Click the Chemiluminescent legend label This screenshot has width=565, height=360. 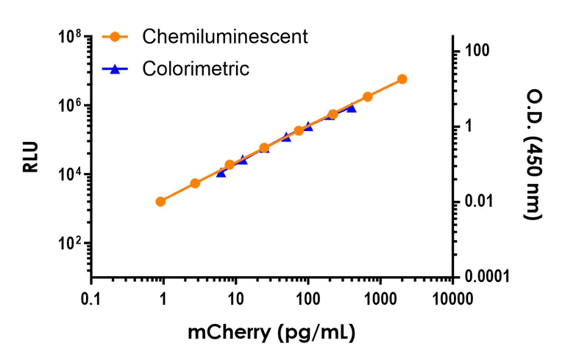tap(225, 36)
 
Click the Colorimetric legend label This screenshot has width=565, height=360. tap(196, 69)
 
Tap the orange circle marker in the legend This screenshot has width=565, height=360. tap(115, 36)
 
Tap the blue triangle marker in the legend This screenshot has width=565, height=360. tap(115, 69)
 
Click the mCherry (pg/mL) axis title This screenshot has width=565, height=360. tap(271, 332)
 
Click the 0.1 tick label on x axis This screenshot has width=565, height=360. tap(90, 299)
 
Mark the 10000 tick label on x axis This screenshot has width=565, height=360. tap(452, 299)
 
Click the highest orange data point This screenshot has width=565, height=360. tap(402, 79)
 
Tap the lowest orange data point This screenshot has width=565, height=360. tap(160, 201)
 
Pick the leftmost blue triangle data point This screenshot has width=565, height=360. tap(221, 172)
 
